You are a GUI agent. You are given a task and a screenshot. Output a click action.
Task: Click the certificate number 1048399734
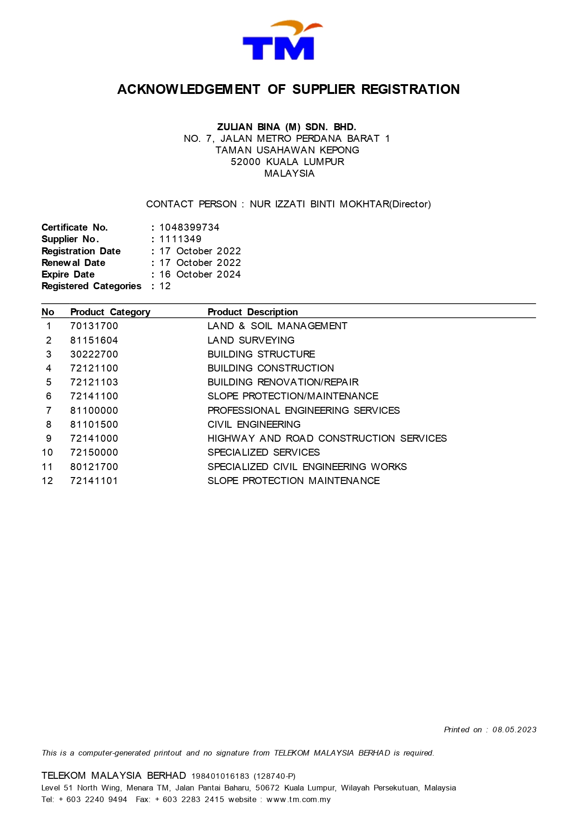[x=189, y=227]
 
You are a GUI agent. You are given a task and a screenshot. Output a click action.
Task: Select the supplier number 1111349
[x=181, y=239]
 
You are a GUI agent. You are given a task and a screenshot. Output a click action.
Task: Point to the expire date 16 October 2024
[x=200, y=274]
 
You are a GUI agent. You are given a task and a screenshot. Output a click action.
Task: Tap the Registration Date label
[x=81, y=251]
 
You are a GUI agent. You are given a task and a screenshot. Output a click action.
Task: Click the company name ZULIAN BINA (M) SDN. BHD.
[x=287, y=127]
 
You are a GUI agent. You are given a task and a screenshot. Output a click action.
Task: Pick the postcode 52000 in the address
[x=246, y=162]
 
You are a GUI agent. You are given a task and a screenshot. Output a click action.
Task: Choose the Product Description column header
[x=253, y=312]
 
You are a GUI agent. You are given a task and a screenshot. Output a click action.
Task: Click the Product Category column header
[x=110, y=312]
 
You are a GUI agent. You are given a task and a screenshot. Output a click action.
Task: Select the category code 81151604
[x=94, y=340]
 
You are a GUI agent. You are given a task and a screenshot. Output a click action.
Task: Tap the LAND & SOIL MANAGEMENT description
[x=277, y=326]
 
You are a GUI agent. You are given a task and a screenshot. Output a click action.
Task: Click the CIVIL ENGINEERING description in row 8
[x=254, y=425]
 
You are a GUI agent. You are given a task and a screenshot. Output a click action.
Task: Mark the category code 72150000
[x=94, y=452]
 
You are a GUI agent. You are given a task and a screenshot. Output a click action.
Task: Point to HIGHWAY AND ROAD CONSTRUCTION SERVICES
[x=327, y=438]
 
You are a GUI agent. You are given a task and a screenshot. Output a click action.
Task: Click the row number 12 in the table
[x=47, y=481]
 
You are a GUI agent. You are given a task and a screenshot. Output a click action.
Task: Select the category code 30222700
[x=94, y=354]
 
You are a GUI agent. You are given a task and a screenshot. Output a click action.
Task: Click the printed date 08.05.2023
[x=514, y=730]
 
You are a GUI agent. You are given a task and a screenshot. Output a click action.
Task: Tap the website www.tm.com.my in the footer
[x=298, y=799]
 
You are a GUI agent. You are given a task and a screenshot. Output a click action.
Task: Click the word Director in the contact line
[x=410, y=204]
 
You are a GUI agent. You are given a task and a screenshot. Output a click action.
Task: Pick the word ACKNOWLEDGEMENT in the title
[x=188, y=89]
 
